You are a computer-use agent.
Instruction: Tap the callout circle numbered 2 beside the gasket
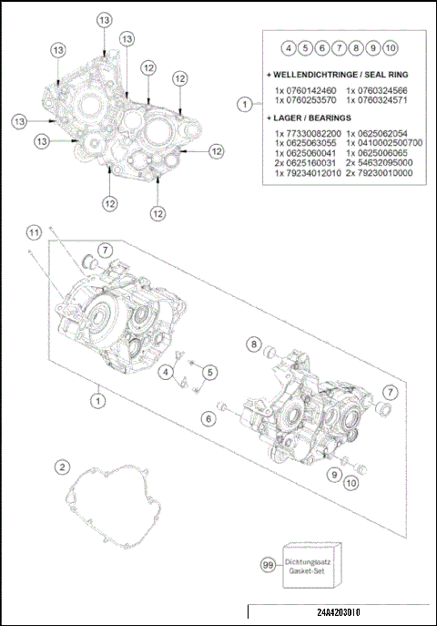(x=62, y=467)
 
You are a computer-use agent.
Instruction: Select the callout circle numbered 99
(x=268, y=566)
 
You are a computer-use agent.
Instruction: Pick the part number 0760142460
(x=305, y=91)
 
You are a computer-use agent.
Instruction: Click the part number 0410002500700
(x=384, y=143)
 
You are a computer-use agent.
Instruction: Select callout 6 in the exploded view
(x=208, y=418)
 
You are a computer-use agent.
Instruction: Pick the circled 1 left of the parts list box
(x=243, y=105)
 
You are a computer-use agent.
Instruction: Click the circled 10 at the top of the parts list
(x=390, y=47)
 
